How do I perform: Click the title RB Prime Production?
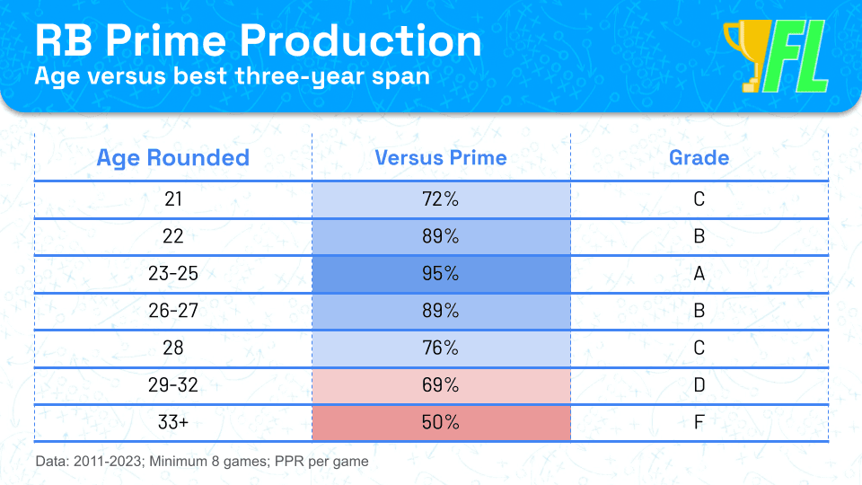click(x=258, y=40)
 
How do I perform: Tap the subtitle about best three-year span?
click(x=232, y=76)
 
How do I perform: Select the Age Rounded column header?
click(x=173, y=158)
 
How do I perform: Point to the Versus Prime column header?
click(x=441, y=158)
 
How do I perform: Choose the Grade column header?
click(x=699, y=158)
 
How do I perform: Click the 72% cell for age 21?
click(x=441, y=199)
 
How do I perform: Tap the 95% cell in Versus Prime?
click(x=441, y=273)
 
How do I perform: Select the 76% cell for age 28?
click(x=441, y=348)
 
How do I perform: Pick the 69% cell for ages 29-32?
click(x=441, y=385)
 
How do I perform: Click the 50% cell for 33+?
click(x=441, y=422)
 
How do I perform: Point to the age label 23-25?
click(x=173, y=273)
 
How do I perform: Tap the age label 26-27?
click(x=173, y=311)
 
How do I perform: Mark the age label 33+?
click(x=173, y=422)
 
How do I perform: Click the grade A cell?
click(x=699, y=273)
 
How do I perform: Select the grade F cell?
click(x=699, y=422)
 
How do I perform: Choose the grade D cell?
click(x=699, y=385)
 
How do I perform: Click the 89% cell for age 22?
click(x=441, y=236)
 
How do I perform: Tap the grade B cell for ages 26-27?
click(x=699, y=311)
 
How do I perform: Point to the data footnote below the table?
click(x=202, y=462)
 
